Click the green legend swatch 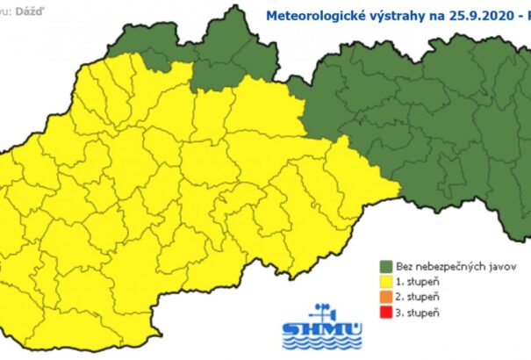coord(384,266)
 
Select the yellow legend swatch coord(384,282)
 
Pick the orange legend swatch coord(384,298)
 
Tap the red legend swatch coord(384,313)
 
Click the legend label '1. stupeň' coord(416,282)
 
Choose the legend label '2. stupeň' coord(416,298)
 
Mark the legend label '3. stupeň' coord(416,313)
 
